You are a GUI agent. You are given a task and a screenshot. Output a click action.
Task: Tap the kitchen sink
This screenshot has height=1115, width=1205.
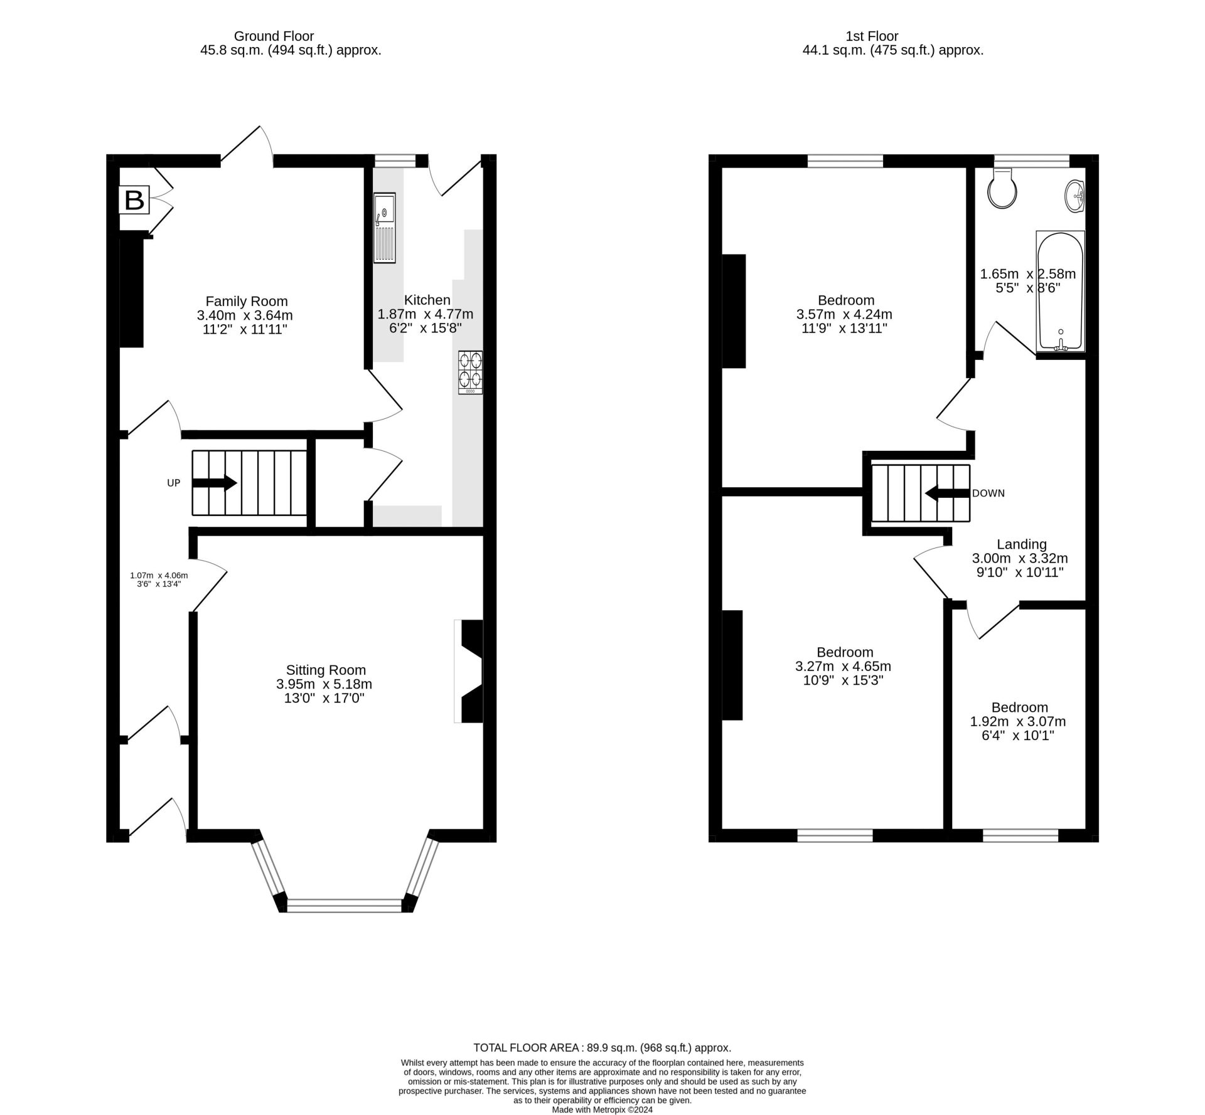[385, 228]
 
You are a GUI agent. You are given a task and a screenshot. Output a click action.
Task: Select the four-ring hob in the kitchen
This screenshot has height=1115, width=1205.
[471, 373]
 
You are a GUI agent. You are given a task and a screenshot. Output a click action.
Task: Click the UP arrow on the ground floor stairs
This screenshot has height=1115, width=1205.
[214, 483]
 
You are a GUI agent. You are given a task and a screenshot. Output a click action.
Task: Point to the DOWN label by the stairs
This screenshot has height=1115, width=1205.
[988, 494]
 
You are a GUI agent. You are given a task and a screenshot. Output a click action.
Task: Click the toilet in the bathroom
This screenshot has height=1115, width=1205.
[1003, 188]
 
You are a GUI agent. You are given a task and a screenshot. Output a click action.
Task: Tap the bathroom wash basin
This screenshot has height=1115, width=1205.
[1075, 196]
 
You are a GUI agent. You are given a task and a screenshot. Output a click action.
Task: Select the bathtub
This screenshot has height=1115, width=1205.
[1060, 291]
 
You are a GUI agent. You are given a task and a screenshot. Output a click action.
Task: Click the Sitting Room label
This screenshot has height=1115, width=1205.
[326, 670]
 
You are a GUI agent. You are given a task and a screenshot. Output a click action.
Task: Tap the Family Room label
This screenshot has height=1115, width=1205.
[247, 301]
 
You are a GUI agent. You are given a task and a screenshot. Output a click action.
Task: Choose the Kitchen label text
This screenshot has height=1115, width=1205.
[427, 300]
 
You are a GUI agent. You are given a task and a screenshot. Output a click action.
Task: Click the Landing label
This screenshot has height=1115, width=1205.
[1022, 544]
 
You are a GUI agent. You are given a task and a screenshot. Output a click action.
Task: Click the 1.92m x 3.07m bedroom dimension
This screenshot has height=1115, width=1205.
[1018, 721]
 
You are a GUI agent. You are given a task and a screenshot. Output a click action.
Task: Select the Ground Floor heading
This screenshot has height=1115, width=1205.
[274, 36]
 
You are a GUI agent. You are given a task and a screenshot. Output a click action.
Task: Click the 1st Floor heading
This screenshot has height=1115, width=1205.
[872, 36]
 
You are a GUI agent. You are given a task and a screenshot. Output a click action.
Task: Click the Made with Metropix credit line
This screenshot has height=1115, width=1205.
[602, 1109]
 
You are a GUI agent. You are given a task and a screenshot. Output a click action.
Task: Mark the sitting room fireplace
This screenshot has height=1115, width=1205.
[469, 672]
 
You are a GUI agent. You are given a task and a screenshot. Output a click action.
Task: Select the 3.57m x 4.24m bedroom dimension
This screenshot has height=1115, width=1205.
[844, 314]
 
